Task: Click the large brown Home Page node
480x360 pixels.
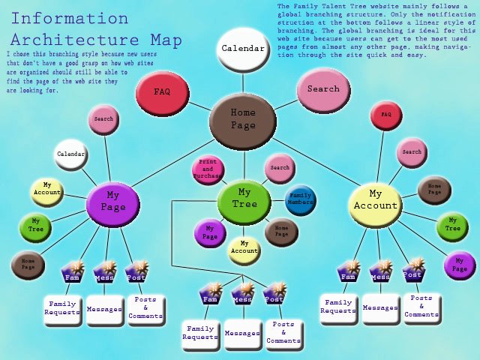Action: [x=242, y=119]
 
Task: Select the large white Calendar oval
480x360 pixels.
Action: [x=243, y=49]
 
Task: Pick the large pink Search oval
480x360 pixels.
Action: [x=323, y=89]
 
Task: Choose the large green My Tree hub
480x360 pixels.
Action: [x=244, y=199]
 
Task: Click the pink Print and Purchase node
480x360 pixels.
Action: [x=208, y=170]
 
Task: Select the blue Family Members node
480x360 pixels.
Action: [x=301, y=199]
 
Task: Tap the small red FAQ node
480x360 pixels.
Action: [x=386, y=115]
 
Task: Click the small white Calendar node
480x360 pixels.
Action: [x=70, y=154]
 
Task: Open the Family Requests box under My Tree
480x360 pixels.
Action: [x=200, y=333]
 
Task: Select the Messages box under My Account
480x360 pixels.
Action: [x=380, y=307]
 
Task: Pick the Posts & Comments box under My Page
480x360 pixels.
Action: [x=145, y=307]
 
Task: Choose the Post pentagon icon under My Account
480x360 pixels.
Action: [x=413, y=271]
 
